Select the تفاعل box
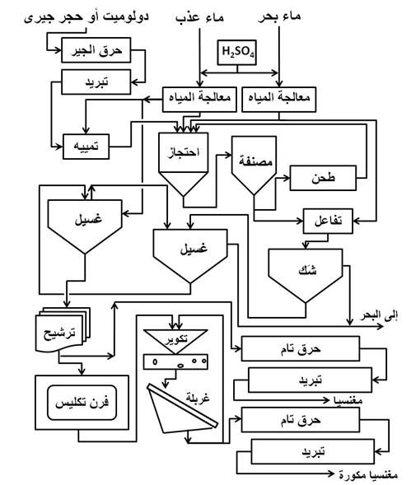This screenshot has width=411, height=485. pyautogui.click(x=329, y=220)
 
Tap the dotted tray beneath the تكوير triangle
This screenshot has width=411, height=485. pyautogui.click(x=175, y=361)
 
